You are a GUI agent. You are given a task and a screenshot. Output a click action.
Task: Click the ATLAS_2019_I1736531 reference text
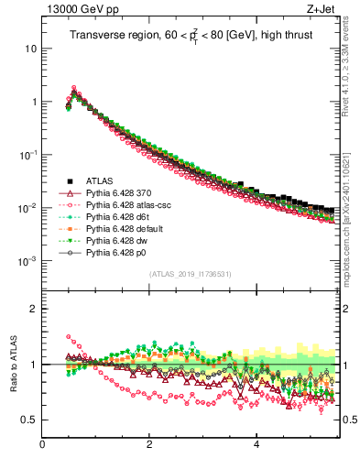[x=191, y=274]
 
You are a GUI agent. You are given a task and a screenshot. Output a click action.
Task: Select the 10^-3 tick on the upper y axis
[x=27, y=261]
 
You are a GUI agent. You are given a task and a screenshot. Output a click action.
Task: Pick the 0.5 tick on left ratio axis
[x=30, y=420]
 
